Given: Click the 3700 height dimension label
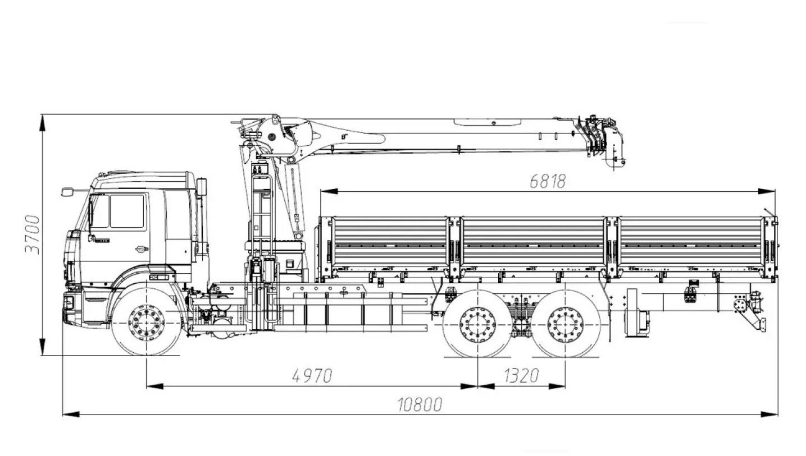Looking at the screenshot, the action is pyautogui.click(x=33, y=235).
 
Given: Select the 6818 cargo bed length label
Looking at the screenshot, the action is pyautogui.click(x=548, y=182).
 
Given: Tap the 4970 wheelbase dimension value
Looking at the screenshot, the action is pyautogui.click(x=312, y=376).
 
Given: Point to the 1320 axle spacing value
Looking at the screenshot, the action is pyautogui.click(x=521, y=376).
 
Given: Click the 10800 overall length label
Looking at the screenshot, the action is pyautogui.click(x=420, y=404).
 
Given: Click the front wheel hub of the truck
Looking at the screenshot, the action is pyautogui.click(x=147, y=323).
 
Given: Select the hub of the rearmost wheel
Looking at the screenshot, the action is pyautogui.click(x=565, y=325).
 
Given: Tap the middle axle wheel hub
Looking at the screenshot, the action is pyautogui.click(x=477, y=325).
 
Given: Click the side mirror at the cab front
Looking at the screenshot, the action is pyautogui.click(x=67, y=192).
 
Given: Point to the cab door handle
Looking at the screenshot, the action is pyautogui.click(x=142, y=248).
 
